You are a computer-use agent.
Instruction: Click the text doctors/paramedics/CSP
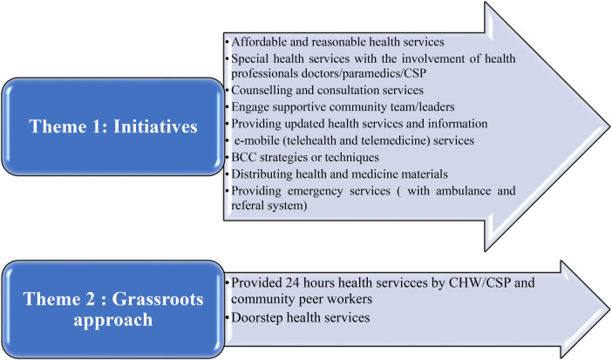click(352, 74)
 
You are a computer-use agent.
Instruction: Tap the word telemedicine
click(377, 139)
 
